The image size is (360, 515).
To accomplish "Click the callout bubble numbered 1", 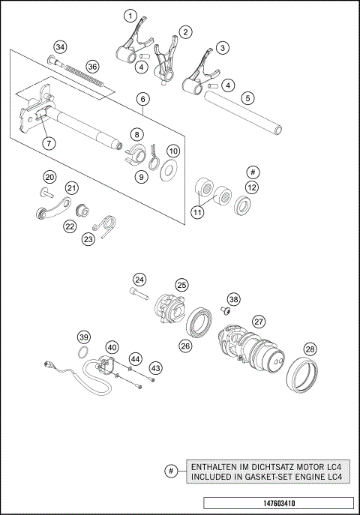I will (x=131, y=16).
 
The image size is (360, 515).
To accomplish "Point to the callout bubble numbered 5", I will (x=247, y=97).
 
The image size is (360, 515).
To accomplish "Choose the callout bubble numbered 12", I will (x=252, y=187).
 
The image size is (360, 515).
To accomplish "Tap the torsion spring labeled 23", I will (x=106, y=224).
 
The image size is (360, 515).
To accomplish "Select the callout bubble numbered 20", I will (x=49, y=177).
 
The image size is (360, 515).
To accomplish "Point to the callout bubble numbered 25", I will (x=182, y=285).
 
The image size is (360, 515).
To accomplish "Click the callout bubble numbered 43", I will (x=155, y=368).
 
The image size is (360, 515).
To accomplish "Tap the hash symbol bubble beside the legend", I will (x=172, y=471).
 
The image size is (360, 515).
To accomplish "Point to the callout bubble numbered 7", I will (x=48, y=142).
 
